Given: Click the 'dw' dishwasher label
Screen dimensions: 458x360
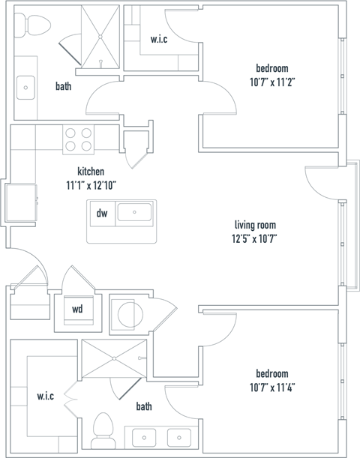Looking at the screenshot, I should coord(102,214).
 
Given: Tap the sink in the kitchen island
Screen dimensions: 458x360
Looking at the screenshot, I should coord(135,213).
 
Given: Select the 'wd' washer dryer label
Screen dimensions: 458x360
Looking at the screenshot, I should coord(77,309).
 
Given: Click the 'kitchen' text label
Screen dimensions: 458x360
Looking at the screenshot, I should coord(91,171).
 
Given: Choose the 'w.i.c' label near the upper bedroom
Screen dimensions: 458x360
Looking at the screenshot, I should coord(158,39).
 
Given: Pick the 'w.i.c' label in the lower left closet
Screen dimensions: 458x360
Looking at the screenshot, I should coord(45,396).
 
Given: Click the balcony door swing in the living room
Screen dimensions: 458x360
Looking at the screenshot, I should coord(319,183).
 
